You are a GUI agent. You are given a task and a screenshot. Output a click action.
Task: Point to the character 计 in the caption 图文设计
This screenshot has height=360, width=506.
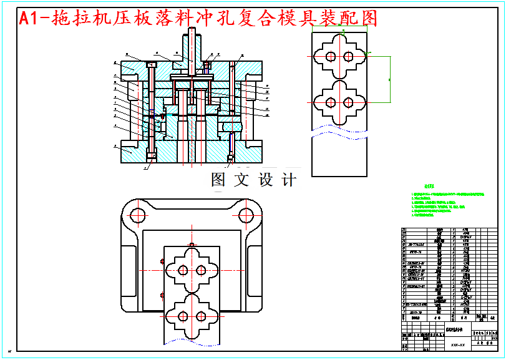(288, 180)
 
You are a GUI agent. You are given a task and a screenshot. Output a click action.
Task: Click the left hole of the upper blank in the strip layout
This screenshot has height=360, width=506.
(331, 57)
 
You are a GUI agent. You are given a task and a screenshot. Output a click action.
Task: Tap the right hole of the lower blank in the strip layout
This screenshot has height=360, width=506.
(348, 102)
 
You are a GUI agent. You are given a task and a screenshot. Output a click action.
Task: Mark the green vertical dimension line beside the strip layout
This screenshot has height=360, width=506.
(390, 79)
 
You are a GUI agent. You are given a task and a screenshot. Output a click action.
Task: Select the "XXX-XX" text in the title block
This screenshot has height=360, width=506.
(459, 344)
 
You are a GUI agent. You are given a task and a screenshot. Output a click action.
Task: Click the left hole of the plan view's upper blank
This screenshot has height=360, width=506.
(183, 271)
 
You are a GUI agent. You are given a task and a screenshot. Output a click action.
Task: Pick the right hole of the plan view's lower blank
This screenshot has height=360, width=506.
(200, 317)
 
